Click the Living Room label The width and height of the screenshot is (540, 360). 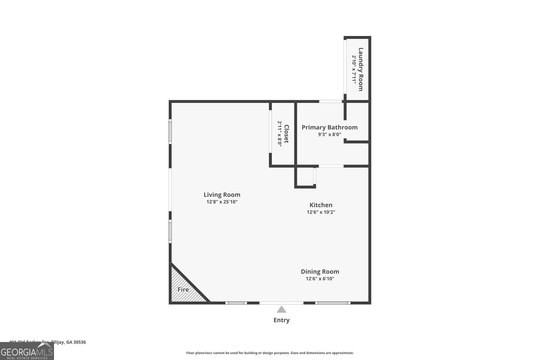(x=222, y=195)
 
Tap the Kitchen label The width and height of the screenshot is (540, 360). (x=321, y=205)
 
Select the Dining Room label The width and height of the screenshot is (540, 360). (x=320, y=271)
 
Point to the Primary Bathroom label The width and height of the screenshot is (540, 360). (x=329, y=127)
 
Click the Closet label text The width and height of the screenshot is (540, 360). (x=287, y=134)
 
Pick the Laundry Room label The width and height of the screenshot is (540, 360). (x=361, y=69)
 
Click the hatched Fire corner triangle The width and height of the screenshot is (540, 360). (x=182, y=288)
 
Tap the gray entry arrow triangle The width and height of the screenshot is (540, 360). (x=282, y=309)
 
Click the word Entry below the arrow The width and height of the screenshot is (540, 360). (x=282, y=320)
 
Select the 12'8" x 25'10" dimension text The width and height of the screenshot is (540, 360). (x=222, y=202)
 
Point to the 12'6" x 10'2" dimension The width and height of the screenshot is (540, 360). (x=321, y=212)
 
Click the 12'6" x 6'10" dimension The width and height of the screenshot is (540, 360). (x=320, y=279)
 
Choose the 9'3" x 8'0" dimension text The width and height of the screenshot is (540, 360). (x=329, y=134)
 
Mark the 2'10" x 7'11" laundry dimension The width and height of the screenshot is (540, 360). (x=354, y=69)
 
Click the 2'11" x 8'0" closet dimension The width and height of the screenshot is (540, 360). (x=280, y=134)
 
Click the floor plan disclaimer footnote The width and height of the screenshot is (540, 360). (x=270, y=353)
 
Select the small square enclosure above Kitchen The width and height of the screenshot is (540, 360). (x=305, y=176)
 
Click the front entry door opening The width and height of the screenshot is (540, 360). (x=281, y=303)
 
